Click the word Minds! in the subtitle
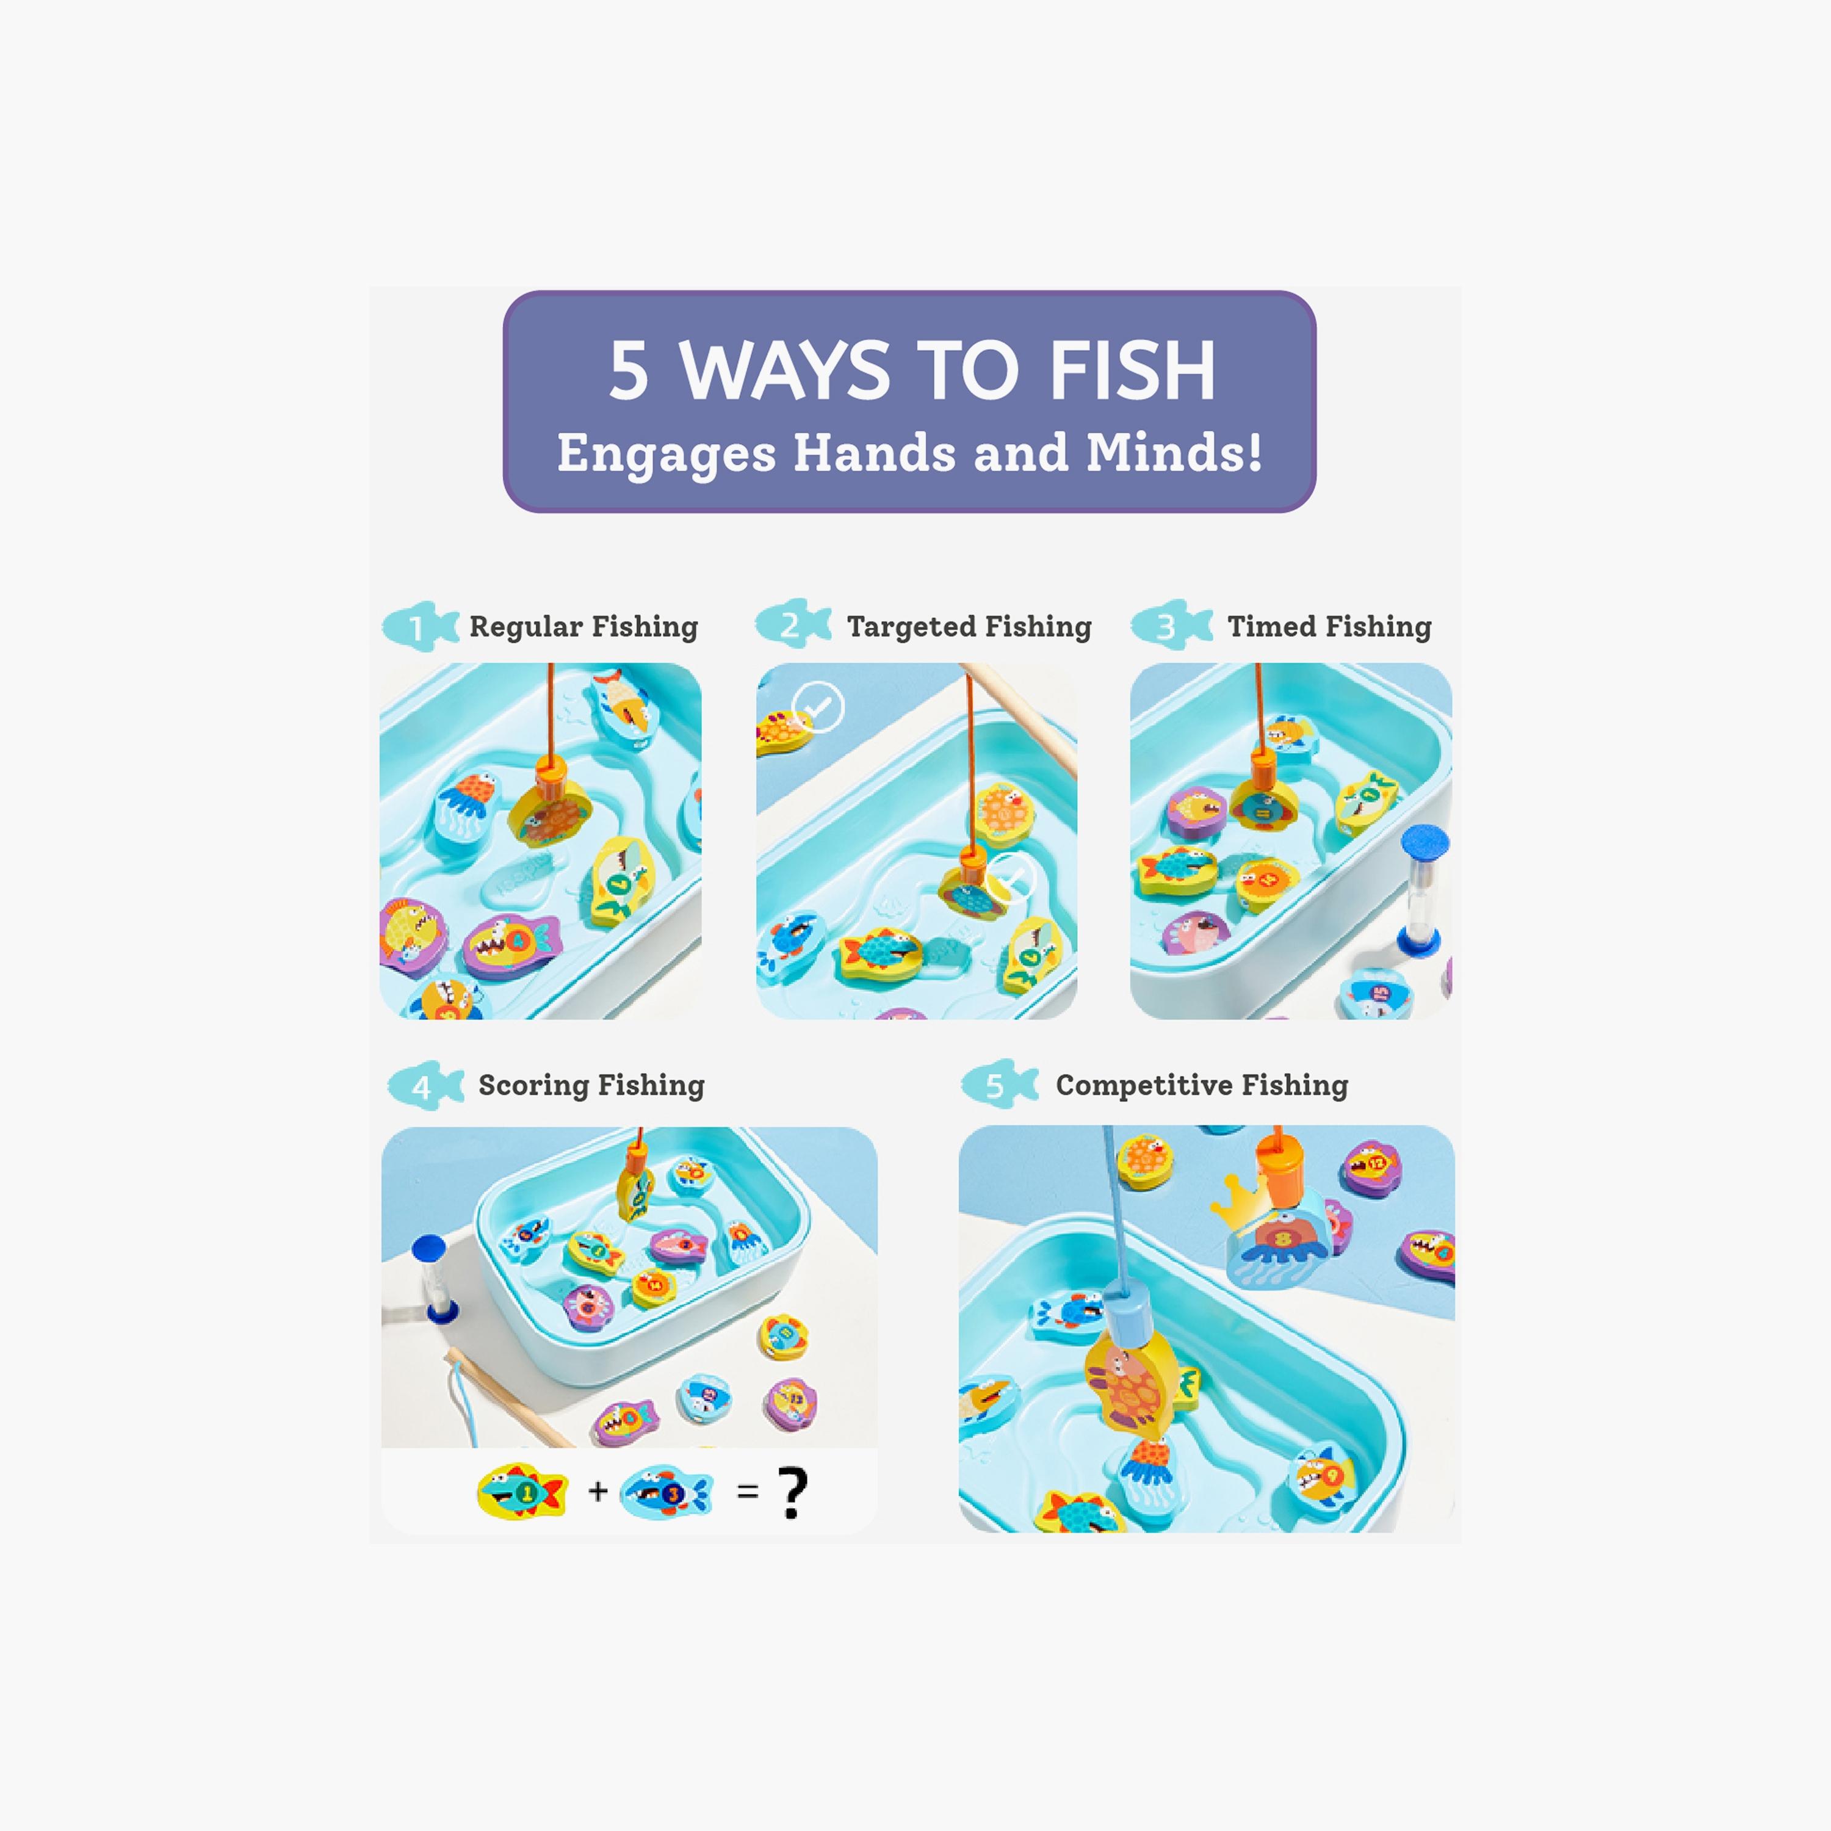tap(1173, 453)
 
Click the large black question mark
tap(792, 1493)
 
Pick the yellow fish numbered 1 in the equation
tap(521, 1492)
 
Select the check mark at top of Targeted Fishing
tap(818, 707)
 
